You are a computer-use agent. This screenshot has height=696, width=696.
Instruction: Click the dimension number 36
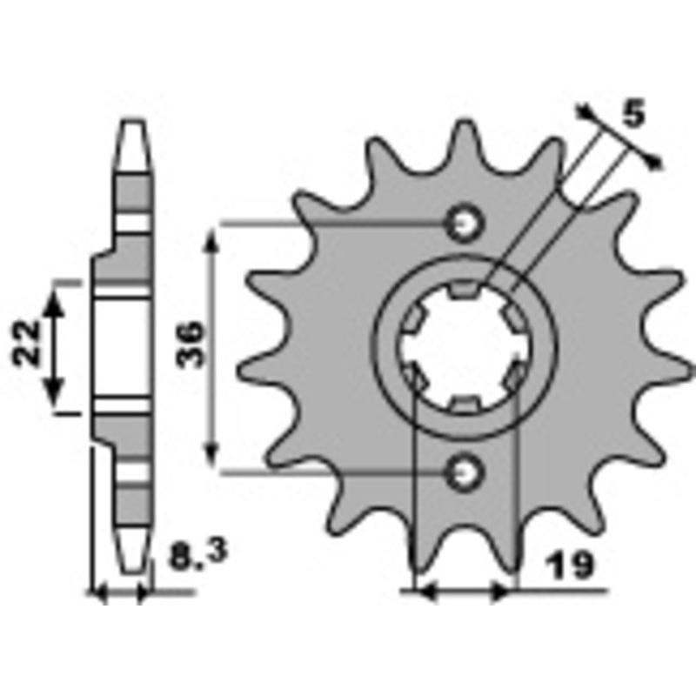(x=190, y=345)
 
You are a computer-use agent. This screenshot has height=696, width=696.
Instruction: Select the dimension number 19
(x=570, y=565)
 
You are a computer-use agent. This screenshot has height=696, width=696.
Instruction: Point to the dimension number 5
(x=633, y=114)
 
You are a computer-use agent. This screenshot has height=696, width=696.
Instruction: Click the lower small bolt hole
(x=465, y=473)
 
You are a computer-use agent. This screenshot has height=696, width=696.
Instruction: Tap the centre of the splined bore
(x=465, y=349)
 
